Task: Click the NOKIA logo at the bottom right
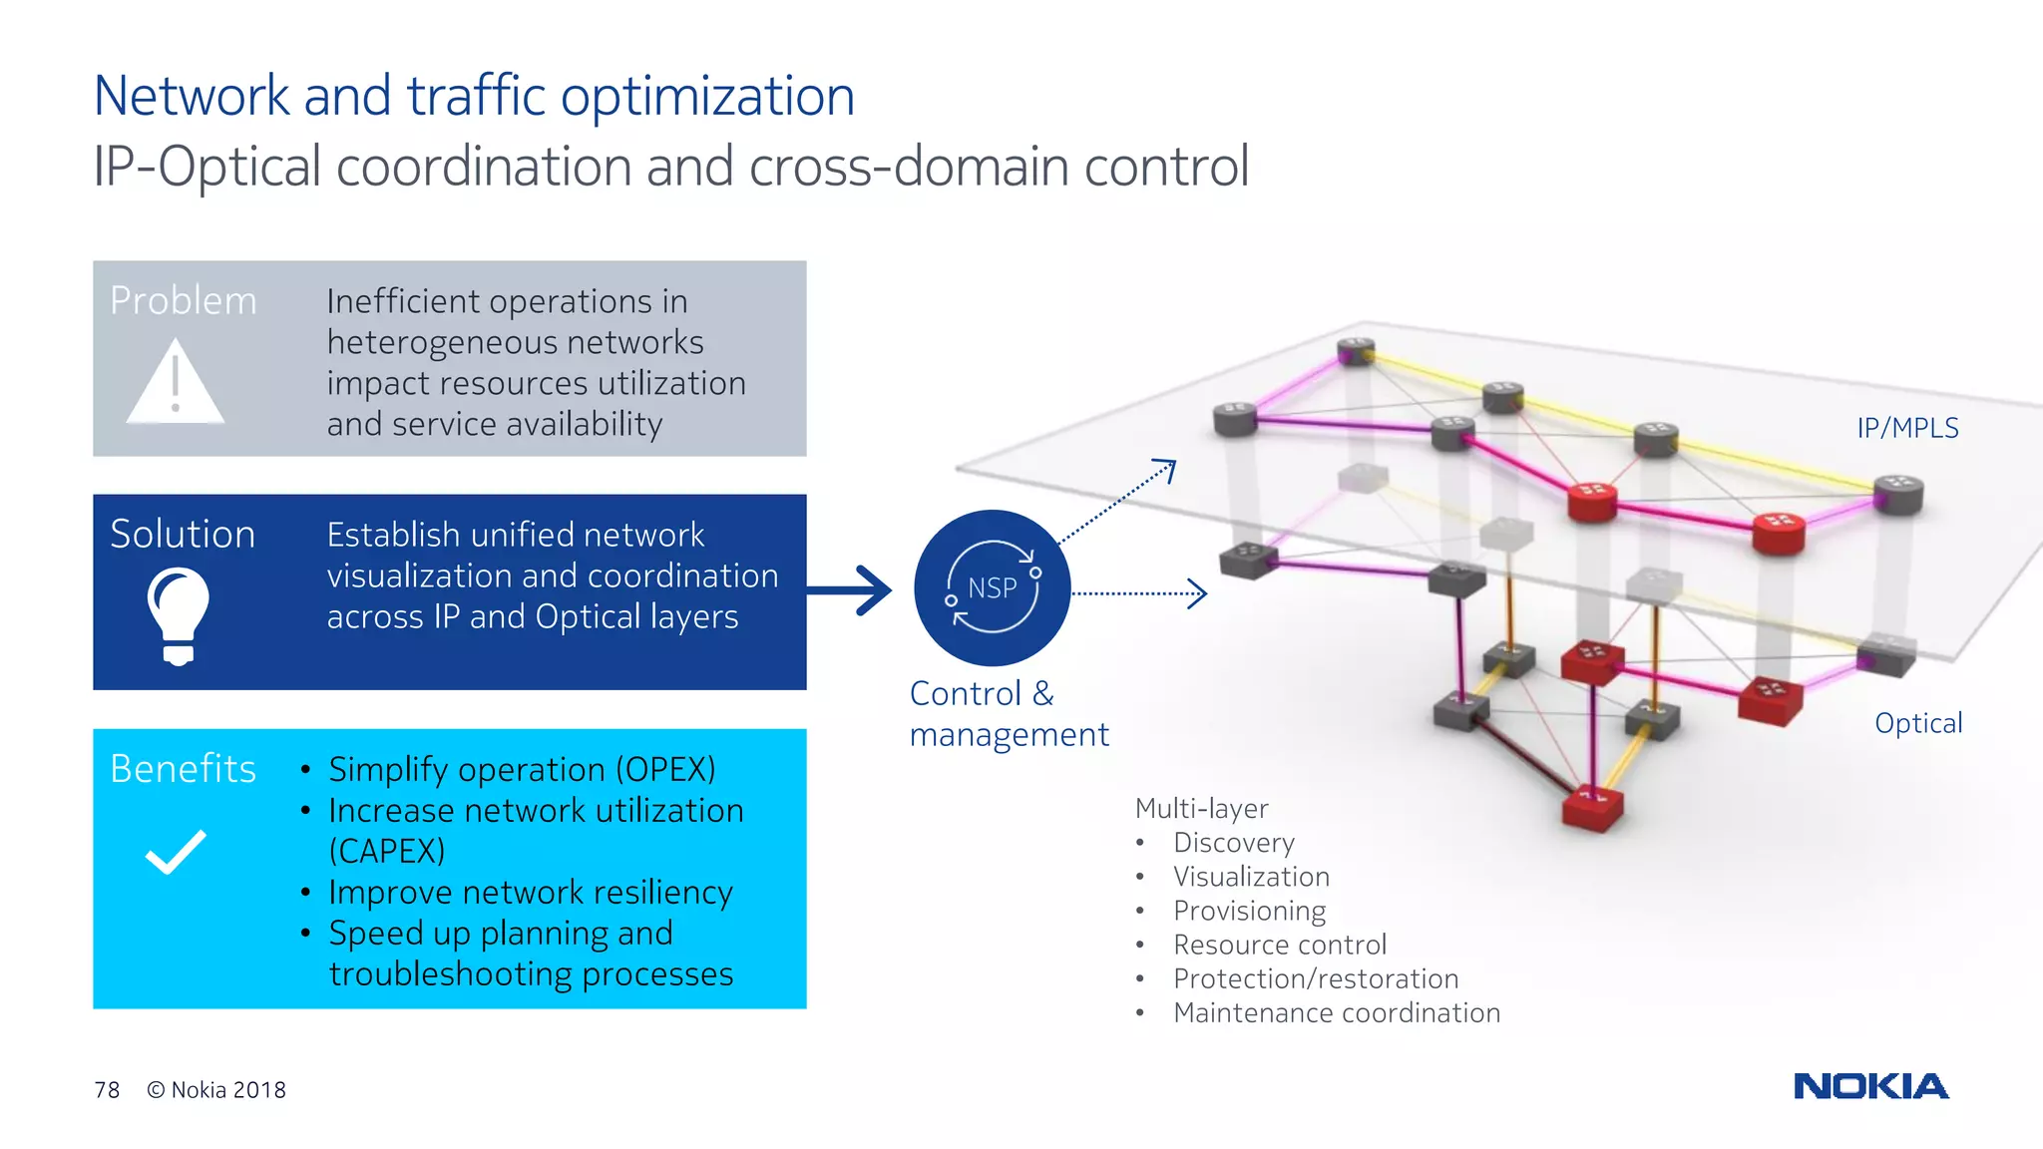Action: click(x=1870, y=1086)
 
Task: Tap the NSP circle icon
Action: click(x=992, y=587)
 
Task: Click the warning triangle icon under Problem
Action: click(x=176, y=383)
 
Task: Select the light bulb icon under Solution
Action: click(x=179, y=613)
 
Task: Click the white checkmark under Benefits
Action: click(x=176, y=853)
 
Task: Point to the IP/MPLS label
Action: click(x=1907, y=428)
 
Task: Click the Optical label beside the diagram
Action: click(x=1917, y=723)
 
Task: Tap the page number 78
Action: click(x=107, y=1090)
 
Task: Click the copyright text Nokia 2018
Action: click(x=216, y=1090)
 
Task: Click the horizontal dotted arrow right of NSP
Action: click(x=1139, y=593)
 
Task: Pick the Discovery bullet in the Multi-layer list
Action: click(x=1233, y=843)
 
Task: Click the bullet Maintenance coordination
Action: click(x=1336, y=1013)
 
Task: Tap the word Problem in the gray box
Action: click(x=184, y=301)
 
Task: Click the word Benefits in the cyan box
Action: click(x=184, y=769)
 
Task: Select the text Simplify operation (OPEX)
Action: click(x=522, y=770)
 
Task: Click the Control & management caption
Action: click(x=1008, y=714)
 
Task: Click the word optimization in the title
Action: click(x=707, y=97)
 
